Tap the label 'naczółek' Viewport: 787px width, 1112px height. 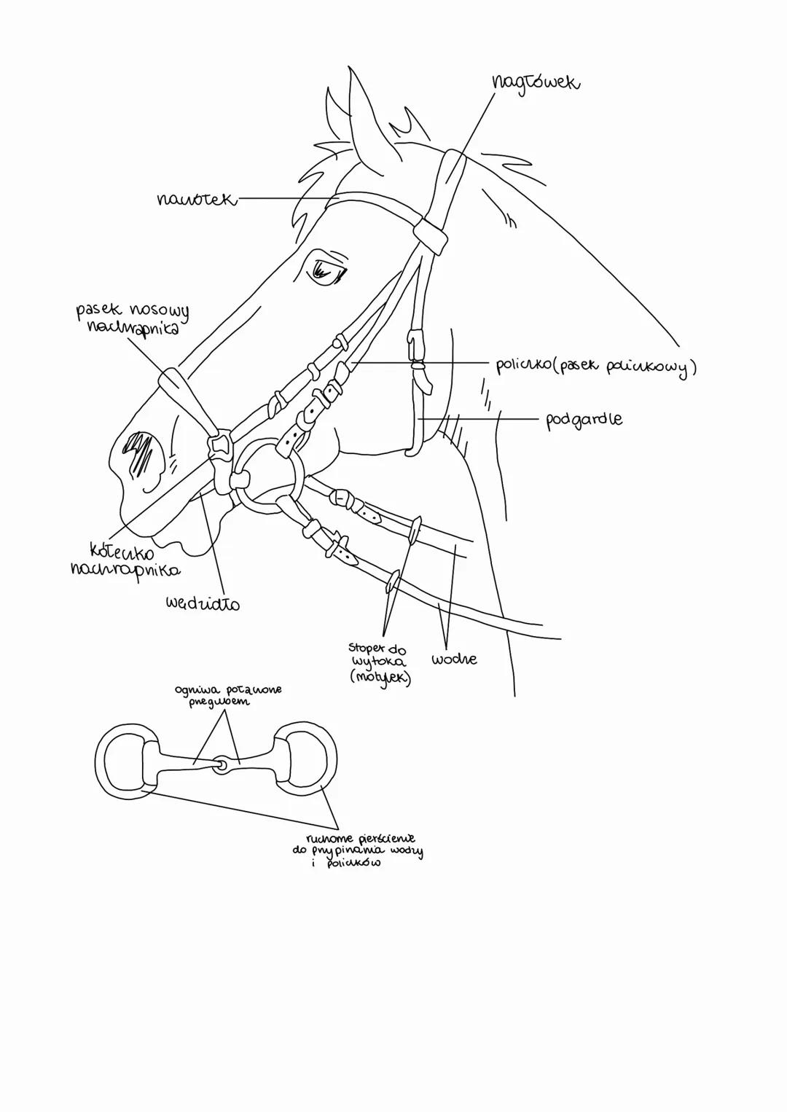(197, 198)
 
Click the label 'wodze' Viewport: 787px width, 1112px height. (454, 659)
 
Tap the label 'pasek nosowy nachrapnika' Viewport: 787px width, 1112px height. (132, 318)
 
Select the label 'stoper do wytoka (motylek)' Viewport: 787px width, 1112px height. (379, 662)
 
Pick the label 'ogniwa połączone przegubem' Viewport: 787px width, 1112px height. (227, 695)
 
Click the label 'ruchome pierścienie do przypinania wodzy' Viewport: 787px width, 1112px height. (357, 850)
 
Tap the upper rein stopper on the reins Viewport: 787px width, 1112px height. (414, 530)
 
